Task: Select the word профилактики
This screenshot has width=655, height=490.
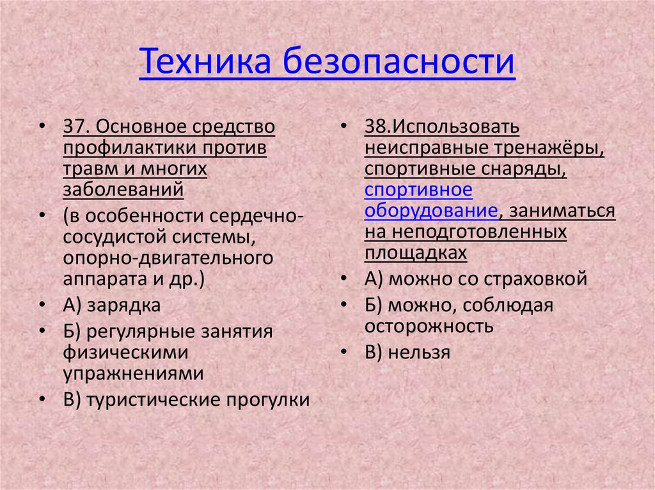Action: tap(129, 148)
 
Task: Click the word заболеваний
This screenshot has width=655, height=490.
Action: tap(123, 190)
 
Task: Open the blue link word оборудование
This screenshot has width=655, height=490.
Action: tap(431, 211)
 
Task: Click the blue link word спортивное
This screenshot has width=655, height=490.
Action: tap(418, 190)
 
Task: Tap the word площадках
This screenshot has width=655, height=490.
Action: tap(416, 254)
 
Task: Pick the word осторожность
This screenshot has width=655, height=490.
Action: tap(429, 326)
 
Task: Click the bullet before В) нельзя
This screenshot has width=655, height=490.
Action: tap(345, 353)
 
